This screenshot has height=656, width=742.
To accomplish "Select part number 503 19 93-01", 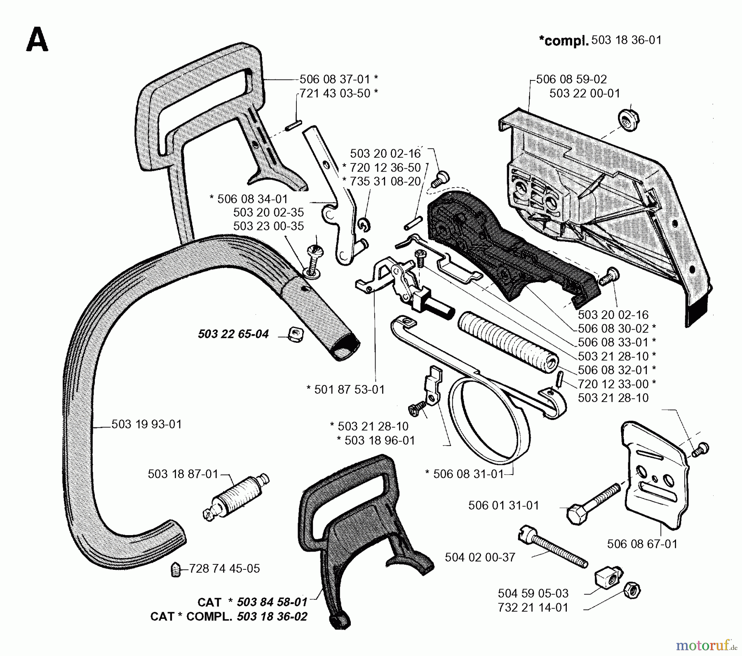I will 146,424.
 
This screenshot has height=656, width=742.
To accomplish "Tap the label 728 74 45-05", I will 224,569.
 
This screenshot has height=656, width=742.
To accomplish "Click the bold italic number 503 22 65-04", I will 233,334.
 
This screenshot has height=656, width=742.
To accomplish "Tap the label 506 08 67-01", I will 642,544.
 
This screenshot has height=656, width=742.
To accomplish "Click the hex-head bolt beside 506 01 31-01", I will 593,504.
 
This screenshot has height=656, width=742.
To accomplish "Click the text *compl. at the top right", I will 563,41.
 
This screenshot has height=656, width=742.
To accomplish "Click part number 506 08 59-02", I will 571,79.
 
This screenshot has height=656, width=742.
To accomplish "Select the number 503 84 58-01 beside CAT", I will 272,602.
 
